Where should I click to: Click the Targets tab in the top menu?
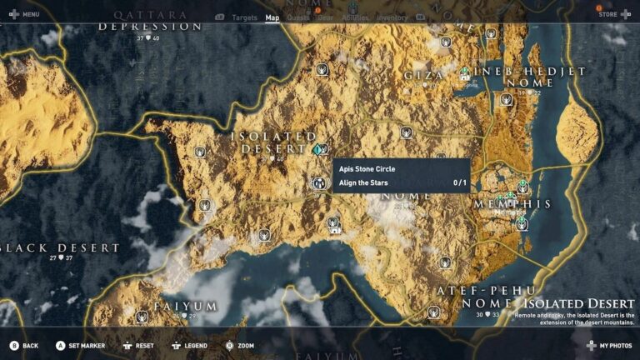tap(245, 17)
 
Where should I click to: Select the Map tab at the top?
tap(272, 17)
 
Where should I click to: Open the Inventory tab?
tap(392, 17)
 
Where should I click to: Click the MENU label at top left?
tap(30, 14)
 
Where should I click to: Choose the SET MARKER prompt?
tap(85, 345)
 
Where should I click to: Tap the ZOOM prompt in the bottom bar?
tap(245, 345)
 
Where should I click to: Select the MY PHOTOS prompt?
tap(615, 345)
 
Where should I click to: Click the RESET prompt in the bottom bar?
tap(144, 345)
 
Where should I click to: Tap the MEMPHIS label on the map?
tap(513, 204)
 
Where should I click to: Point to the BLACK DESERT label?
tap(61, 248)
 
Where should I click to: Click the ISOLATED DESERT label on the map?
tap(273, 142)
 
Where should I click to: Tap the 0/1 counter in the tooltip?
tap(459, 182)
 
